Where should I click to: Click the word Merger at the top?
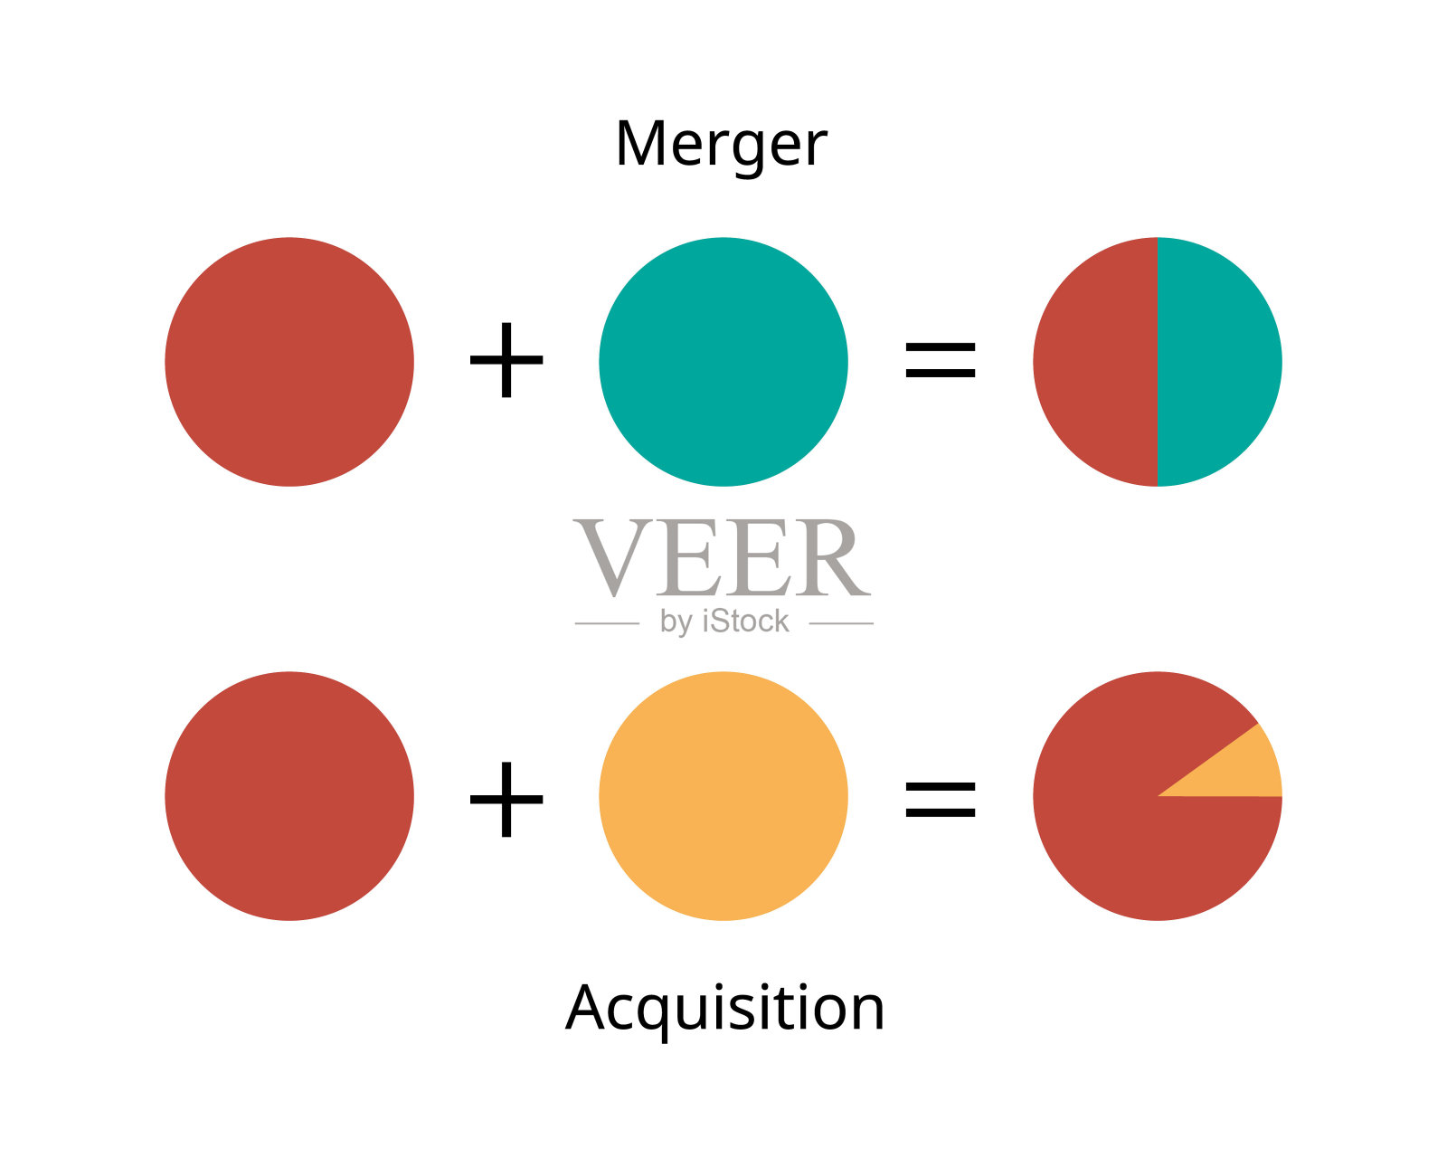pos(721,145)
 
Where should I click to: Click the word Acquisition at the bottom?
pos(724,1009)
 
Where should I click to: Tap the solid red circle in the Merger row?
pos(289,362)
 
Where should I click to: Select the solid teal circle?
pos(723,362)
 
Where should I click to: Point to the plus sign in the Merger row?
pos(506,360)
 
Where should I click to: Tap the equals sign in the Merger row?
pos(941,359)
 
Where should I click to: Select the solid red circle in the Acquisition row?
pos(289,796)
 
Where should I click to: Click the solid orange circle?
pos(723,796)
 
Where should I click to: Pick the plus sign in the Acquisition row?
pos(506,798)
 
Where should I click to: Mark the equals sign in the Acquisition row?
pos(941,799)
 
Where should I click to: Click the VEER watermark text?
pos(722,558)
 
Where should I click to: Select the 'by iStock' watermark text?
pos(724,622)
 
